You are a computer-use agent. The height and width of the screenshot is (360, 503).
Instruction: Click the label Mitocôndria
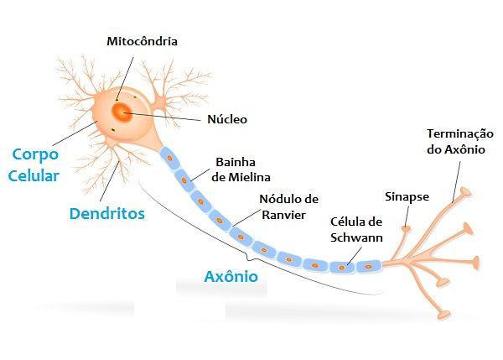[x=143, y=40]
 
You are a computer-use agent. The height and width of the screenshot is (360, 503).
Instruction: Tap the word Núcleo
[x=226, y=119]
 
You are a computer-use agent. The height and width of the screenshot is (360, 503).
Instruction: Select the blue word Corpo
[x=35, y=155]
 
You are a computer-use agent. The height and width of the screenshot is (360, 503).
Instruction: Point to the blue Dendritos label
[x=106, y=213]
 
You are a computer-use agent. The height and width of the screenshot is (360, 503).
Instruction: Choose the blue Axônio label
[x=231, y=275]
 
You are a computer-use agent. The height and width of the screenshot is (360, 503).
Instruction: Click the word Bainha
[x=235, y=161]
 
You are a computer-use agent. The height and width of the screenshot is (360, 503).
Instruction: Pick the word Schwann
[x=356, y=237]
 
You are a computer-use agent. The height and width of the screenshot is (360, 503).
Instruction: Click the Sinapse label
[x=407, y=197]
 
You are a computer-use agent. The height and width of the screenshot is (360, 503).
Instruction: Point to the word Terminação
[x=459, y=134]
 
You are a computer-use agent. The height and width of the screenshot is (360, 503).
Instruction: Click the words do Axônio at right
[x=459, y=150]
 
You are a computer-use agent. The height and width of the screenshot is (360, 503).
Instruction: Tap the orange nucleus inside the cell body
[x=122, y=112]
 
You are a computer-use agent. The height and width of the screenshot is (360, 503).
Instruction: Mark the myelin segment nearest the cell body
[x=169, y=157]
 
